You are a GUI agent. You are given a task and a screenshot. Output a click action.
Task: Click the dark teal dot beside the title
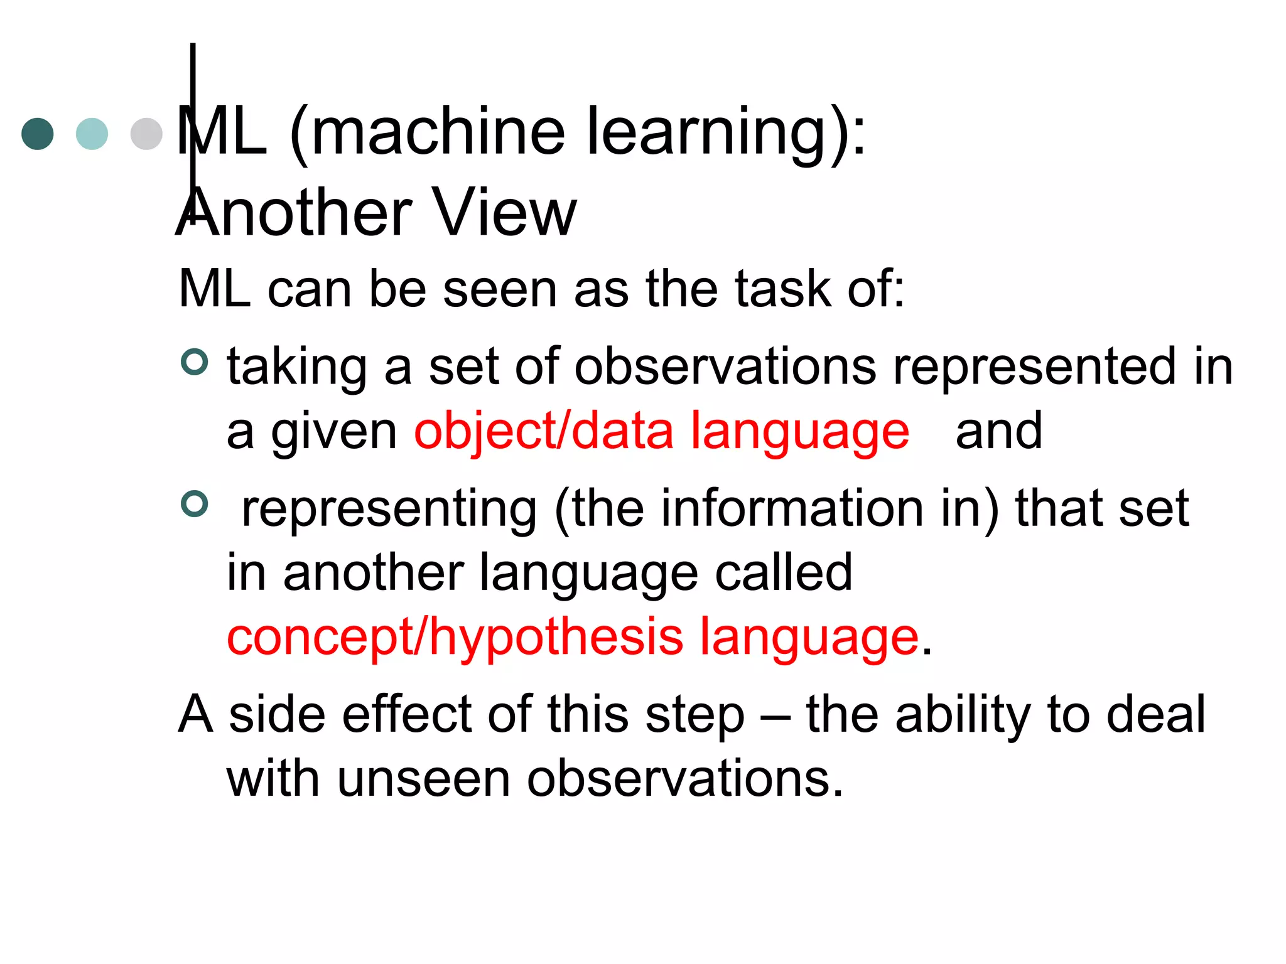tap(38, 134)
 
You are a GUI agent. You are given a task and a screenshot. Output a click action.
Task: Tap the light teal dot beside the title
tap(92, 134)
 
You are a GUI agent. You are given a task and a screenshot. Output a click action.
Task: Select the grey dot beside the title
tap(146, 134)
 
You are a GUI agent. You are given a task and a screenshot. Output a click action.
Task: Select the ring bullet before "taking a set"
tap(194, 362)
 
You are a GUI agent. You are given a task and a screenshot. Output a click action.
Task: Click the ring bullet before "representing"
tap(194, 503)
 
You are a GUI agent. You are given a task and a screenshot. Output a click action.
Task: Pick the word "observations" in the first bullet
tap(725, 367)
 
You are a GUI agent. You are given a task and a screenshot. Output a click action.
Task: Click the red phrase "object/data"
tap(544, 432)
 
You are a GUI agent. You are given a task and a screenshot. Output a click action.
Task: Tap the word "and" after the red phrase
tap(998, 432)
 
